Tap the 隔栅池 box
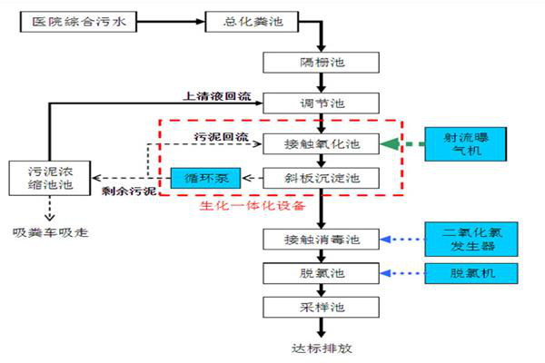click(318, 63)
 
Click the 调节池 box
click(318, 103)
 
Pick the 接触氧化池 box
click(318, 143)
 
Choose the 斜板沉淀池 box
click(318, 177)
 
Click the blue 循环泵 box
click(205, 177)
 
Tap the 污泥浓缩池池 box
click(50, 177)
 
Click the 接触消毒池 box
click(318, 240)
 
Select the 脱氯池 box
click(318, 273)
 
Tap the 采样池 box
click(318, 307)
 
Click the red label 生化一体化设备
click(253, 205)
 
